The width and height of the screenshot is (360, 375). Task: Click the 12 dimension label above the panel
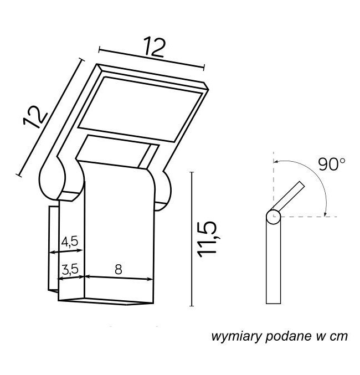[155, 47]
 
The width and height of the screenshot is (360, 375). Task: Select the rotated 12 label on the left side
[35, 117]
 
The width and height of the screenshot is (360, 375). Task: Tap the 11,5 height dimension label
[207, 239]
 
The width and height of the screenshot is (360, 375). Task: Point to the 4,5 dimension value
[70, 242]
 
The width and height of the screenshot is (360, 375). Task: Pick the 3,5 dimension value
[70, 269]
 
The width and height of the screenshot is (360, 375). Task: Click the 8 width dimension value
[119, 269]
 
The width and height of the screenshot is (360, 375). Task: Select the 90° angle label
[332, 165]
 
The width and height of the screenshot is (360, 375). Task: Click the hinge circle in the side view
[273, 217]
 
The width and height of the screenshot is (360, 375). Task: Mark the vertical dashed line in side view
[273, 184]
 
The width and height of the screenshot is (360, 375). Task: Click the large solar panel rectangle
[141, 109]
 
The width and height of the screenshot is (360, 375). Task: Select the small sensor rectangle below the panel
[117, 152]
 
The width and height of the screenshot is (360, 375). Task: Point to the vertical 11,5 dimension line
[192, 239]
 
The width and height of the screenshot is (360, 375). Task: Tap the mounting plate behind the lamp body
[54, 249]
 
